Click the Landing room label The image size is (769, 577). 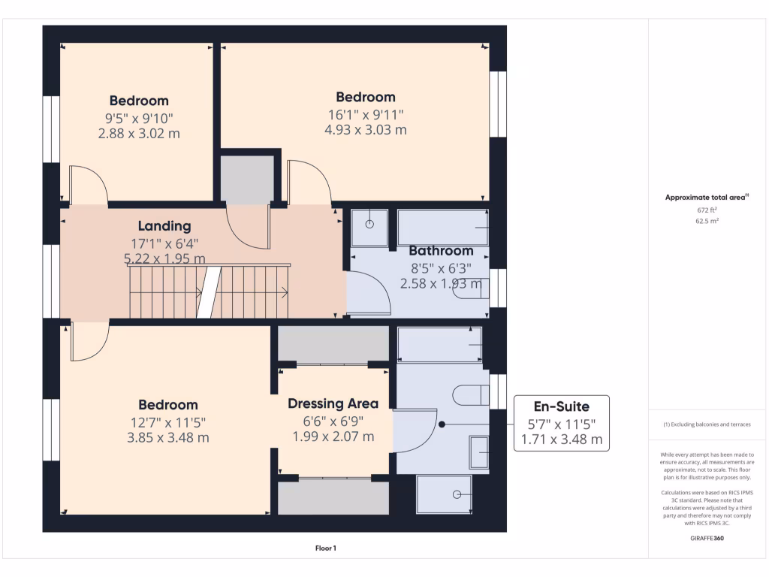pyautogui.click(x=164, y=225)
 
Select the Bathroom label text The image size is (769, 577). pyautogui.click(x=441, y=251)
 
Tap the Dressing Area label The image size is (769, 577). pyautogui.click(x=333, y=403)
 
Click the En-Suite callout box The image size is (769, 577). pyautogui.click(x=561, y=424)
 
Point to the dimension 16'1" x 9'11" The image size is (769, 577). pyautogui.click(x=365, y=114)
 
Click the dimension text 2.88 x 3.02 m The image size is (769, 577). pyautogui.click(x=139, y=133)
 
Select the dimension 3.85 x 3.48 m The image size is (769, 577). pyautogui.click(x=167, y=437)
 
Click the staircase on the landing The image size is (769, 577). pyautogui.click(x=210, y=292)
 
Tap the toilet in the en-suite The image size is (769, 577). pyautogui.click(x=472, y=395)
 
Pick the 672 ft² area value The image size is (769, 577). pyautogui.click(x=707, y=210)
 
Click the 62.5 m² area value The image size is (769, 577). pyautogui.click(x=707, y=222)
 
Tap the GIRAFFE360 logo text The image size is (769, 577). pyautogui.click(x=707, y=538)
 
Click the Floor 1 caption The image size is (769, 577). pyautogui.click(x=325, y=548)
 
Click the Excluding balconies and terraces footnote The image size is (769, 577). pyautogui.click(x=707, y=424)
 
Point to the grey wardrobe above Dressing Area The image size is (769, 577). pyautogui.click(x=333, y=343)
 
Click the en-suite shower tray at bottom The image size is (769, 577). pyautogui.click(x=444, y=494)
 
